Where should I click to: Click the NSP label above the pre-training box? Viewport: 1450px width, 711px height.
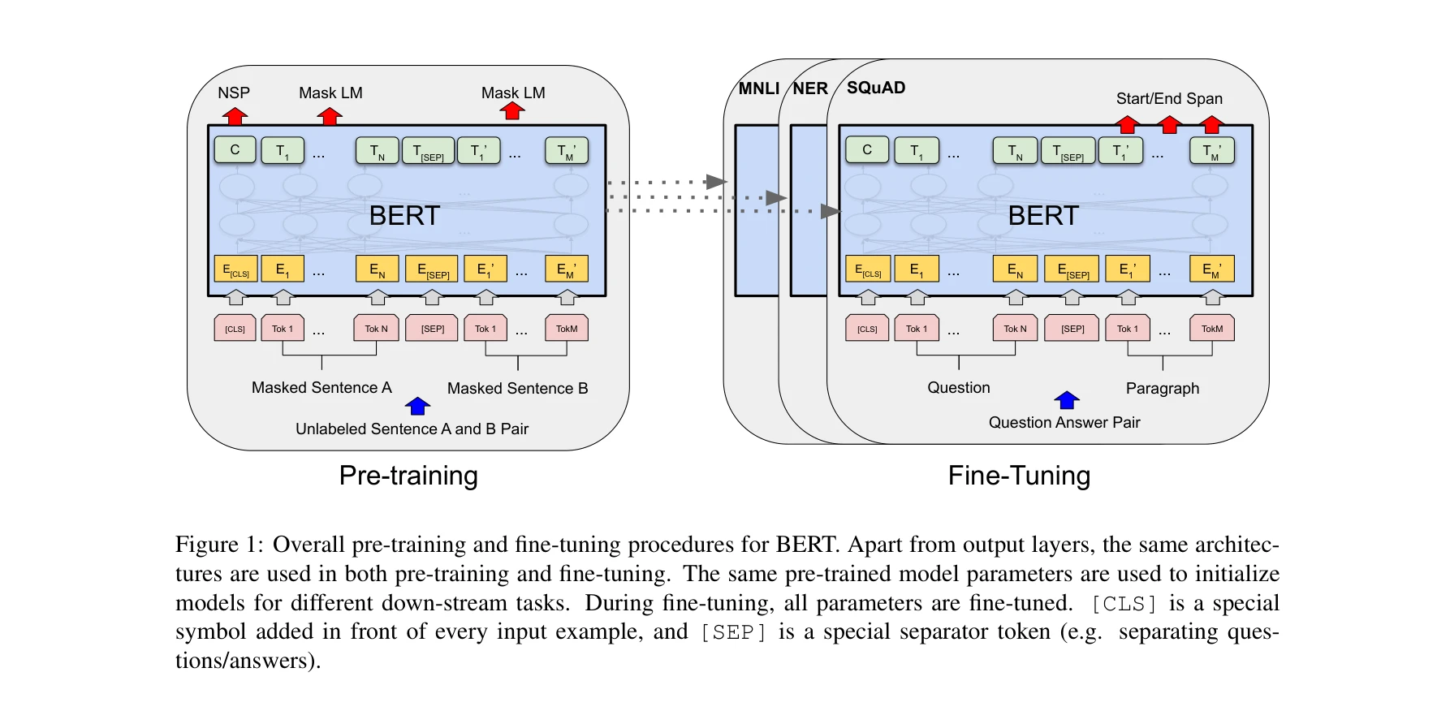[x=234, y=93]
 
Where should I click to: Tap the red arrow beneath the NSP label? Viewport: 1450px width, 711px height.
[x=235, y=116]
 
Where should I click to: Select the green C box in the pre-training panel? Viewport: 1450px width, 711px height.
[x=235, y=149]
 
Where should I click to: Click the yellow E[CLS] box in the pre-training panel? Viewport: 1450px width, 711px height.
[x=235, y=269]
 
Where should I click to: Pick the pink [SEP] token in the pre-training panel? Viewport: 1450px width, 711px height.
[x=432, y=328]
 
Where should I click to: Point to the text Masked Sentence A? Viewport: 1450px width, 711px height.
[x=322, y=388]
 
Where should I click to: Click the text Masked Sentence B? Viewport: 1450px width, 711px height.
[x=517, y=389]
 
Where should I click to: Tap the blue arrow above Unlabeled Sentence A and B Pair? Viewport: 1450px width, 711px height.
[x=417, y=406]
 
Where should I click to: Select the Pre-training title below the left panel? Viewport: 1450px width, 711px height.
[x=408, y=476]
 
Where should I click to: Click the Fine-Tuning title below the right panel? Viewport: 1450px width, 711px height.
[x=1019, y=476]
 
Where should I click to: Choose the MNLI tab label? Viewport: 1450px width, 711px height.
[x=758, y=88]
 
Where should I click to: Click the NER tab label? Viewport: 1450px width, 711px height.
[x=810, y=88]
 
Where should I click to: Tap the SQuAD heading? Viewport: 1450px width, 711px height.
[x=876, y=88]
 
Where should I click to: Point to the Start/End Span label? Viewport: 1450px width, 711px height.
[x=1169, y=98]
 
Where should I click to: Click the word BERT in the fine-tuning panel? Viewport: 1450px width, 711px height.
[x=1043, y=216]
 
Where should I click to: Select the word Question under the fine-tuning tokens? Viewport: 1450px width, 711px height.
[x=959, y=388]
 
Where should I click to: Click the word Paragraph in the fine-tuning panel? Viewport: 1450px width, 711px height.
[x=1162, y=389]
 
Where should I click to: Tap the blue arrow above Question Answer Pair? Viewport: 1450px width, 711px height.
[x=1066, y=400]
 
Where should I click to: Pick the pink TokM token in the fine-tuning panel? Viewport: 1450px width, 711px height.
[x=1211, y=328]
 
